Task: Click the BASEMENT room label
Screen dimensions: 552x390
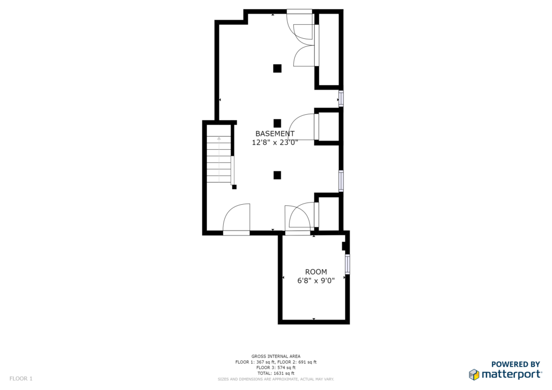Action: click(x=275, y=134)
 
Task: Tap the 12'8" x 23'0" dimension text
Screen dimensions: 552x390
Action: click(x=275, y=142)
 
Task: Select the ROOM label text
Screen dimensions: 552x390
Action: click(x=316, y=272)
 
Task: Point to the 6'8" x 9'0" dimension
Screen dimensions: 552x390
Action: click(x=316, y=281)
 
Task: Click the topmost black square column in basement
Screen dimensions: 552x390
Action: click(x=278, y=68)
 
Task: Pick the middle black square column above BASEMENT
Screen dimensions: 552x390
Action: click(x=278, y=123)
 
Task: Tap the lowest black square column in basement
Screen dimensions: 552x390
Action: click(x=278, y=175)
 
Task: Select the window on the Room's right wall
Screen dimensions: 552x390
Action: click(x=348, y=264)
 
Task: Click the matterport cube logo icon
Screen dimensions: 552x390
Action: click(x=474, y=374)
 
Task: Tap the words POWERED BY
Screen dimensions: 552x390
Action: click(x=515, y=364)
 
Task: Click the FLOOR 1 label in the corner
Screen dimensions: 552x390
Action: click(x=21, y=379)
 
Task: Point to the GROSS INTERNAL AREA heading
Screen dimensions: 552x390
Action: click(x=275, y=356)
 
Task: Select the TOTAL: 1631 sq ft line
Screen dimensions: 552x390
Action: click(x=275, y=373)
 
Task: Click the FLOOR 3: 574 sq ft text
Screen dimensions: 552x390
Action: click(x=275, y=367)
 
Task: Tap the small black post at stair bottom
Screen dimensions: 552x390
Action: click(x=234, y=187)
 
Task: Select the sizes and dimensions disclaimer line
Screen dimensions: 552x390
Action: click(x=275, y=379)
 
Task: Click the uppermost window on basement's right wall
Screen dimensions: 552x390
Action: click(x=341, y=99)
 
